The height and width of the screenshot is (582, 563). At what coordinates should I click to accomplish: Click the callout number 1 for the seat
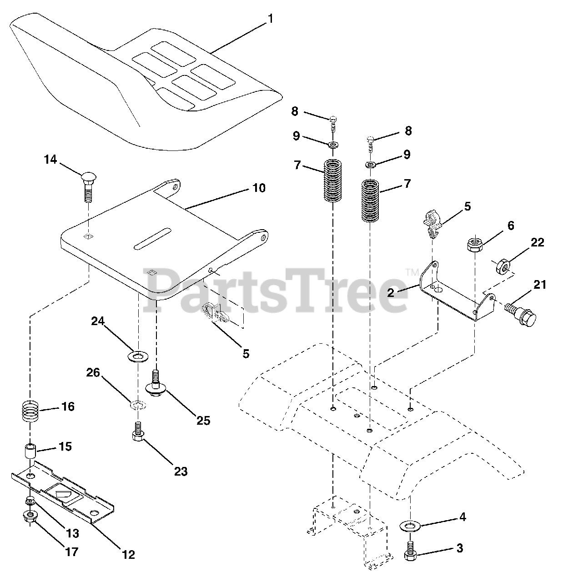(271, 19)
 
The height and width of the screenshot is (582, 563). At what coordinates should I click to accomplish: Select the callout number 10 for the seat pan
(259, 188)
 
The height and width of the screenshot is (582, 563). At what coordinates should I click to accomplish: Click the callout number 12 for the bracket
(128, 554)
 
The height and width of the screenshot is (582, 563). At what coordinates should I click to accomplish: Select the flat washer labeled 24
(136, 355)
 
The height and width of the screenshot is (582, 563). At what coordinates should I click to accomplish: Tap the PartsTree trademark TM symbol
(412, 272)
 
